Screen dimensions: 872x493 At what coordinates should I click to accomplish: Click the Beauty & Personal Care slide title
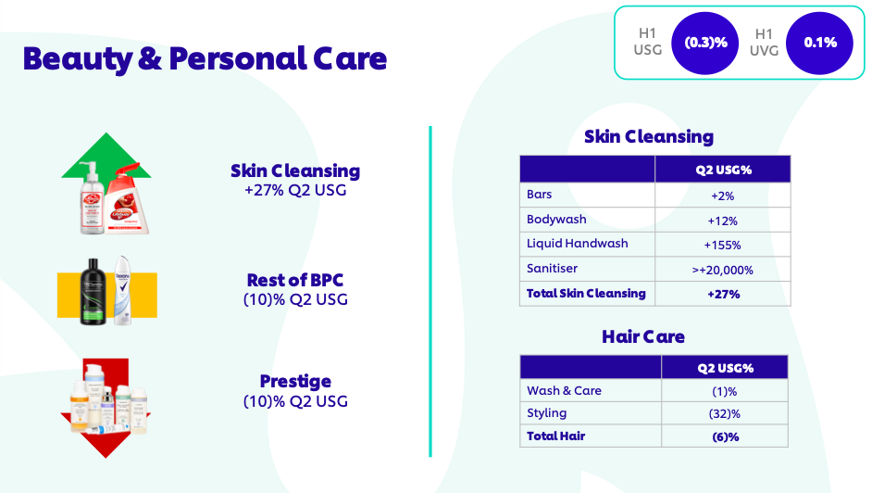[205, 59]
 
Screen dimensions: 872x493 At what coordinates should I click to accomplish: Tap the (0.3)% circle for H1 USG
[705, 43]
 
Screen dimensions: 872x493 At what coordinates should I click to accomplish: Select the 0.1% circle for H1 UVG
[820, 43]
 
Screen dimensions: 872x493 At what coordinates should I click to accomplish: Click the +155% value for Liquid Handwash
[722, 245]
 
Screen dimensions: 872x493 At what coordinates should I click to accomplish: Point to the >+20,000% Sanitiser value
[722, 270]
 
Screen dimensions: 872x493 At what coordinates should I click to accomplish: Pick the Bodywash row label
[556, 220]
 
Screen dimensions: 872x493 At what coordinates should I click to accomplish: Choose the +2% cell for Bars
[722, 196]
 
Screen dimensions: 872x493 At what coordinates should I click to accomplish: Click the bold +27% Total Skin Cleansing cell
[723, 295]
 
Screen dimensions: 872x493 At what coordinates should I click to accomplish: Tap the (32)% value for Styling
[725, 414]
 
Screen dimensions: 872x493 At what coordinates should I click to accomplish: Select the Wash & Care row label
[564, 391]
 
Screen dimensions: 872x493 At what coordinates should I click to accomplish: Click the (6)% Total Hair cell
[725, 436]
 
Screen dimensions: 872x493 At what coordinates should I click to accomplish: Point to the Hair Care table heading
[643, 336]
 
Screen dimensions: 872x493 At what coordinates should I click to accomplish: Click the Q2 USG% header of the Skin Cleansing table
[723, 170]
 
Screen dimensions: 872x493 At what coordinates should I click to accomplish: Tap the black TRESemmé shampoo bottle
[93, 292]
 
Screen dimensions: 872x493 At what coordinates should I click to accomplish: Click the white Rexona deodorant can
[122, 290]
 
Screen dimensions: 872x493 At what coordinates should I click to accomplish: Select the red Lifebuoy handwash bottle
[127, 199]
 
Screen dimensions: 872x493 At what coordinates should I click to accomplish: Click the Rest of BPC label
[295, 280]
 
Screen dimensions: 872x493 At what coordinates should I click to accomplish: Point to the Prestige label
[295, 381]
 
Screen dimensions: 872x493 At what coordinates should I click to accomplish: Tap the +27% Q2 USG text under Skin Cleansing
[295, 190]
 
